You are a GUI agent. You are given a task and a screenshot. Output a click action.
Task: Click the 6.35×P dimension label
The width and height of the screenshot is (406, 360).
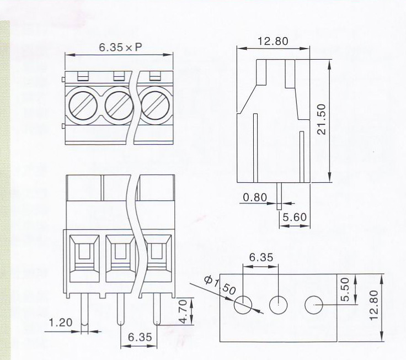[120, 47]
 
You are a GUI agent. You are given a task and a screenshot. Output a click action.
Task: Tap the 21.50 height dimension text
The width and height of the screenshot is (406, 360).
[322, 119]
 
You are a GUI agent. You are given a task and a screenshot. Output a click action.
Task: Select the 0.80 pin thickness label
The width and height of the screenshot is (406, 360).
[255, 198]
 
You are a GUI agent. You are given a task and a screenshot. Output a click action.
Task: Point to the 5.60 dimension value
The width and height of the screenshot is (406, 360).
[295, 217]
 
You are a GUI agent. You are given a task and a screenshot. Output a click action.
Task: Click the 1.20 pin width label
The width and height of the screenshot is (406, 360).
[61, 322]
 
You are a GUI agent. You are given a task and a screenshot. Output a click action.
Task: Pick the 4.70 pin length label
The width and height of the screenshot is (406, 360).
[183, 311]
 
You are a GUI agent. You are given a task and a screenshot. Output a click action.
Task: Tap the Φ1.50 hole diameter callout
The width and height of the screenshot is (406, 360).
[220, 285]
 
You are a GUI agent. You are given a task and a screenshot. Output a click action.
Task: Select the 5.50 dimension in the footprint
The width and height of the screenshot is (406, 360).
[345, 289]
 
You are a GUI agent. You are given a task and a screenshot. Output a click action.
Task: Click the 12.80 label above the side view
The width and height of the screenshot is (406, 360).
[273, 41]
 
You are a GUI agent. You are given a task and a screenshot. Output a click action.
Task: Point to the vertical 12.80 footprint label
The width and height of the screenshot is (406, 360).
[373, 305]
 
